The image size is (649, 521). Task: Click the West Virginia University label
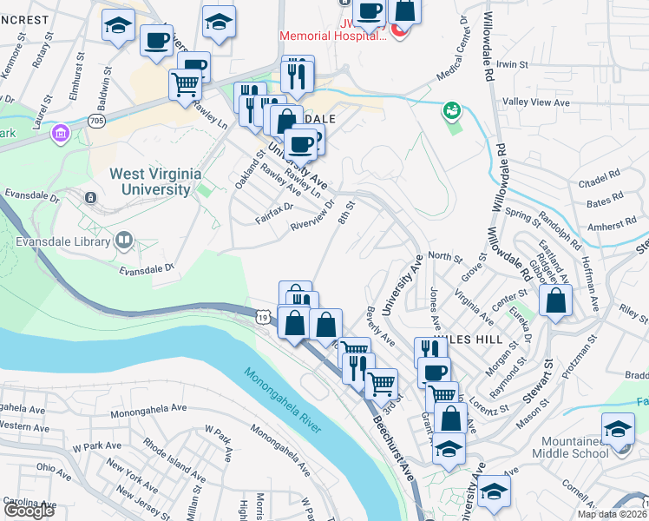pyautogui.click(x=150, y=181)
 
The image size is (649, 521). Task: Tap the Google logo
pyautogui.click(x=29, y=510)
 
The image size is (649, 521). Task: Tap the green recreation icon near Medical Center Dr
pyautogui.click(x=451, y=110)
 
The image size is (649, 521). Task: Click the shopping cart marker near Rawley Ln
pyautogui.click(x=185, y=85)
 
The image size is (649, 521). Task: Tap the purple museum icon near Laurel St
pyautogui.click(x=60, y=134)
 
